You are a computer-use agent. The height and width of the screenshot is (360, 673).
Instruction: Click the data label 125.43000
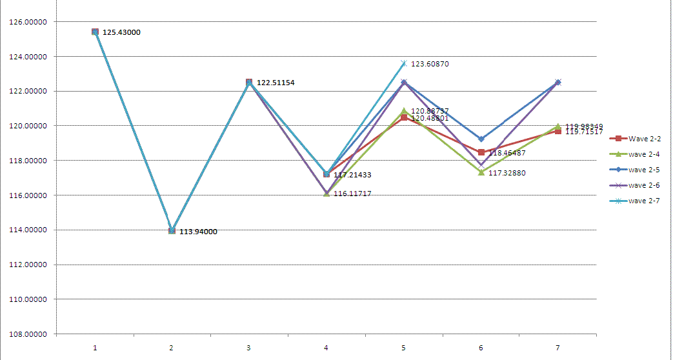pos(121,32)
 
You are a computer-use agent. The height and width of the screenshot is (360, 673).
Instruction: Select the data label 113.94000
pos(197,232)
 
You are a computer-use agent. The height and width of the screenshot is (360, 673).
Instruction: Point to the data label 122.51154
pos(276,83)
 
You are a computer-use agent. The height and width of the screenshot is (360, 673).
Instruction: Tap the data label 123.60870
pos(430,65)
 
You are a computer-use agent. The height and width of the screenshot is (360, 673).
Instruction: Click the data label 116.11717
pos(352,194)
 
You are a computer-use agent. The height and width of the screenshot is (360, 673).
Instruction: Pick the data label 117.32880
pos(507,173)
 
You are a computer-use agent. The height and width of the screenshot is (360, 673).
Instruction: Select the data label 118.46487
pos(507,154)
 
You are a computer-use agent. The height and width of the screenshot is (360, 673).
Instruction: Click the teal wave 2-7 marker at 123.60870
pos(403,63)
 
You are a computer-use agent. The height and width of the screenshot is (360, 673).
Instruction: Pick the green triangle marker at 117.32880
pos(481,172)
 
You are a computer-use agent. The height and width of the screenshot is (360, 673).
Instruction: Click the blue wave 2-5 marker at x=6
pos(481,139)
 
